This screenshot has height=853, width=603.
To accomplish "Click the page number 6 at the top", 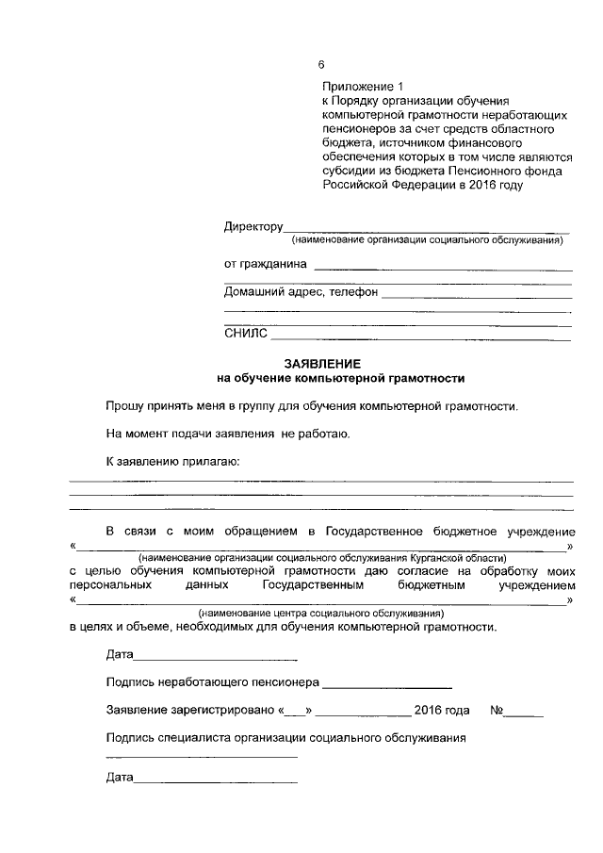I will (x=321, y=65).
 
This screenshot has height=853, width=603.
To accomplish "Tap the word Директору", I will (x=253, y=227).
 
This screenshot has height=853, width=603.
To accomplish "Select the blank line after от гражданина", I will (x=442, y=270).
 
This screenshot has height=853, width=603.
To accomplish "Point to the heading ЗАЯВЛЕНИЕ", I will (x=322, y=363).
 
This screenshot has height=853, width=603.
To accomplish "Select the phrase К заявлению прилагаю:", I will (x=172, y=462).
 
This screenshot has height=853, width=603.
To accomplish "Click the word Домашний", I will (x=257, y=292).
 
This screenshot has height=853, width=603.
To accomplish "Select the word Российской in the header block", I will (x=350, y=185).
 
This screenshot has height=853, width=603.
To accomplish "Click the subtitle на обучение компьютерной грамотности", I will (x=341, y=378).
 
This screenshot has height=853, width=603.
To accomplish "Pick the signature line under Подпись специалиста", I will (x=202, y=757).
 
